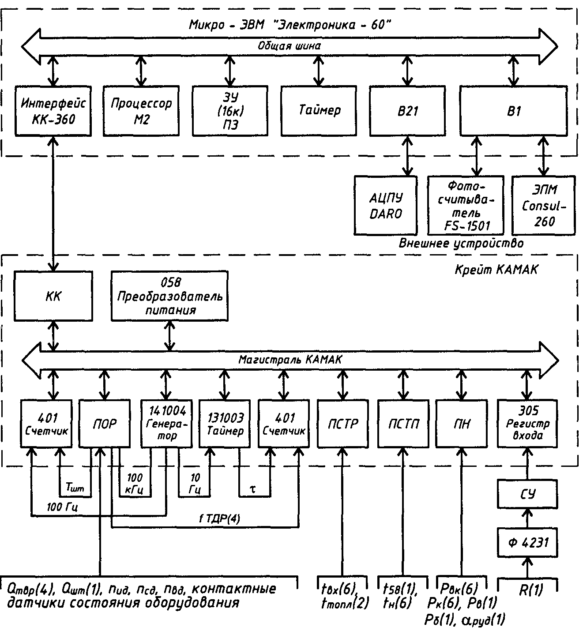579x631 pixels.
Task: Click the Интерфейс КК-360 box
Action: (53, 110)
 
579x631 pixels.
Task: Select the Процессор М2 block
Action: (141, 110)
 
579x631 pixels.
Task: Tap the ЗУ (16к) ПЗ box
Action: (230, 110)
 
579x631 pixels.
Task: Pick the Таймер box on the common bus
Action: (319, 110)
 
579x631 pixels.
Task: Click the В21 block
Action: (407, 110)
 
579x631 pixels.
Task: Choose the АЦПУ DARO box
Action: (386, 205)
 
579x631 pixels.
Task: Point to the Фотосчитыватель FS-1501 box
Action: (466, 205)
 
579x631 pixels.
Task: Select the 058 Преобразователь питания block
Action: (170, 296)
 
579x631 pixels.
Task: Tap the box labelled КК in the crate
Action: (53, 296)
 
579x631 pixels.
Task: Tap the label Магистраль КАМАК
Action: (290, 360)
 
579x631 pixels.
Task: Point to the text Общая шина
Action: (289, 45)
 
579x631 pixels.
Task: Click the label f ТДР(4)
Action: (219, 519)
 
